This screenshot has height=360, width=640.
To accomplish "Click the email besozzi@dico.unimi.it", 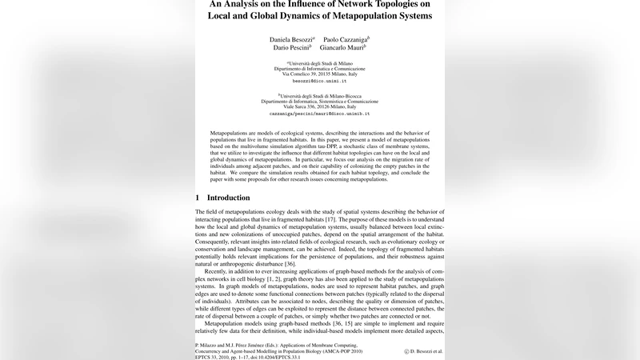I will point(319,81).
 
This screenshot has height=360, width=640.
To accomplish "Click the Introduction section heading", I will point(228,198).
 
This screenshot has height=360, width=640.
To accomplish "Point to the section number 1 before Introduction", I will point(198,198).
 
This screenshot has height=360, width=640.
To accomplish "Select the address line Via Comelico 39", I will point(319,73).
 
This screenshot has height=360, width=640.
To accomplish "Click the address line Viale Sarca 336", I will point(319,106).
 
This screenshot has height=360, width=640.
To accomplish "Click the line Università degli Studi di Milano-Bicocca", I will point(319,94).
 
